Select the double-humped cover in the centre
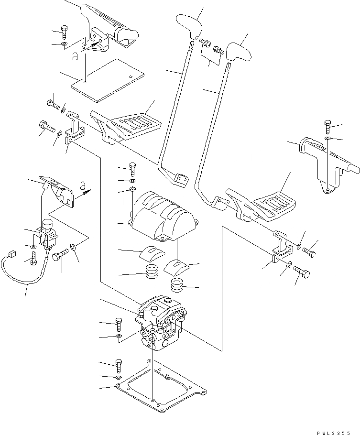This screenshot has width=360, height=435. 163,215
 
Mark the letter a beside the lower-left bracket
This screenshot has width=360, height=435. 83,185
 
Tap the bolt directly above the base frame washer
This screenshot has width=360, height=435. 118,367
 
